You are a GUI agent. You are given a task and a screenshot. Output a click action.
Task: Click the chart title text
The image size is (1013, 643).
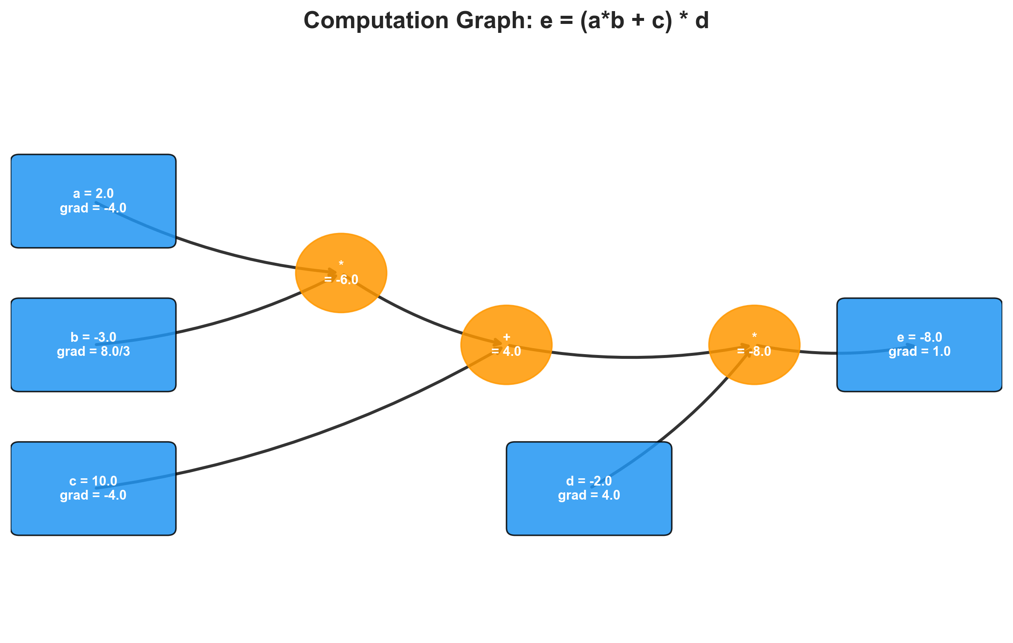point(506,20)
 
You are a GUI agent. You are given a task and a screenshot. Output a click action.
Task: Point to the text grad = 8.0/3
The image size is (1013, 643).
point(93,352)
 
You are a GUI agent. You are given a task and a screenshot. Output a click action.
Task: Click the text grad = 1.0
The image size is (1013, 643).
point(920,352)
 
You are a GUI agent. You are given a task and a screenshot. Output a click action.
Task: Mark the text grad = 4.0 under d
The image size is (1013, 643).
point(589,495)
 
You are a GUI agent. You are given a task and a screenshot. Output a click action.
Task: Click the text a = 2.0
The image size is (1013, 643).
point(93,194)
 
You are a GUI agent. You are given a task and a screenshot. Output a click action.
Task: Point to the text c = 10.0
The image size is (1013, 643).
point(93,481)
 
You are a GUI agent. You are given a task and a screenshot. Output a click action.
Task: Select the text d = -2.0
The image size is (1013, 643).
point(589,481)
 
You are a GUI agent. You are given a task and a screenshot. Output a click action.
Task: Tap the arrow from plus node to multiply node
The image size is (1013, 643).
point(631,357)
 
